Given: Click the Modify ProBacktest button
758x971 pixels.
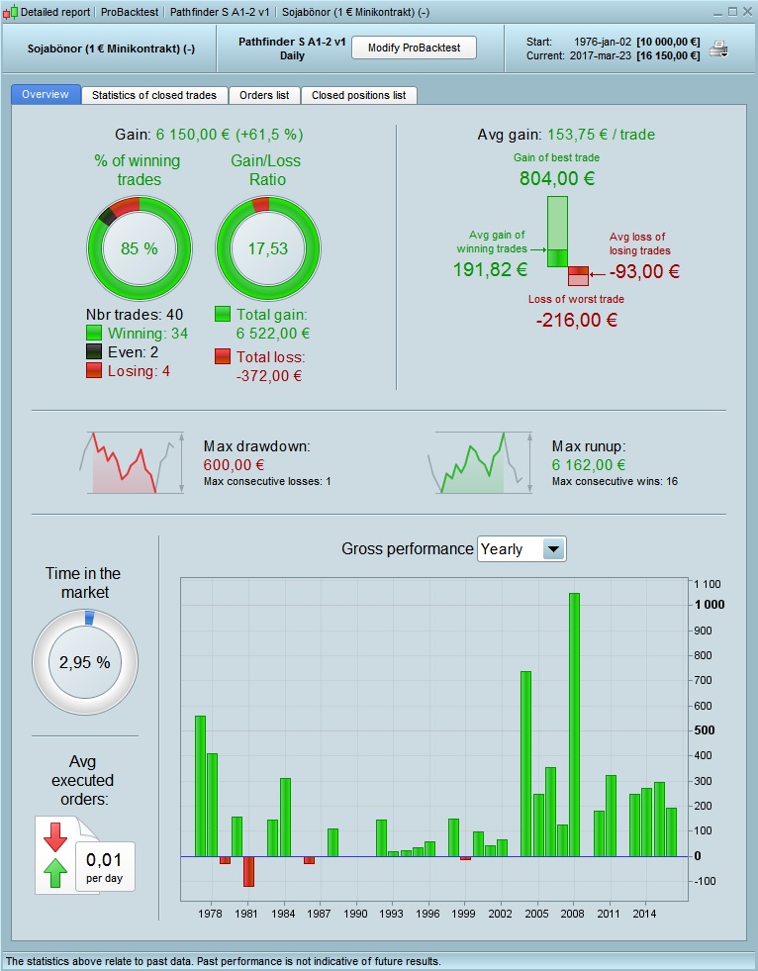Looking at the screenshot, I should point(414,48).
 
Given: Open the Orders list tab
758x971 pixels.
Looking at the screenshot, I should point(264,95).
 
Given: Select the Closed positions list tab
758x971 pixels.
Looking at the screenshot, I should point(358,95).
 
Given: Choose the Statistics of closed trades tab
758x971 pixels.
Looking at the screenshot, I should point(154,95).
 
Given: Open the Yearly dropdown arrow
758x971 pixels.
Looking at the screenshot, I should point(554,548).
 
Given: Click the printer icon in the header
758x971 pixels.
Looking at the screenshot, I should point(718,49).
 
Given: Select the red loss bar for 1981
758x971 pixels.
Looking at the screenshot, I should point(248,871).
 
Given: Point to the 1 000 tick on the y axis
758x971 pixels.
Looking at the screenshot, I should point(709,605).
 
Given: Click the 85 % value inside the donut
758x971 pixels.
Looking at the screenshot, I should point(140,248).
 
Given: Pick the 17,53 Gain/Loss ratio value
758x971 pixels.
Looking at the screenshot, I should point(268,248).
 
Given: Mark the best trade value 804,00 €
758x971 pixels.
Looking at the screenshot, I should point(557,179).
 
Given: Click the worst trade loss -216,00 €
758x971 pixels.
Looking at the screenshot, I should point(576,320).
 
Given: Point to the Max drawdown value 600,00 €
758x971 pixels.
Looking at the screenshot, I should point(234,464).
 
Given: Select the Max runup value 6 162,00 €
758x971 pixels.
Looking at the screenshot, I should point(589,464).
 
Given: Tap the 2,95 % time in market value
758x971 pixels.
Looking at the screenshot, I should point(85,662).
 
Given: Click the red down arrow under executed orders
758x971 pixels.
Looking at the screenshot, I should point(55,836).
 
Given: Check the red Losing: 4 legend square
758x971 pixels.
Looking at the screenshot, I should point(95,370).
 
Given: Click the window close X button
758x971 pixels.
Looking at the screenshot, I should point(746,12).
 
